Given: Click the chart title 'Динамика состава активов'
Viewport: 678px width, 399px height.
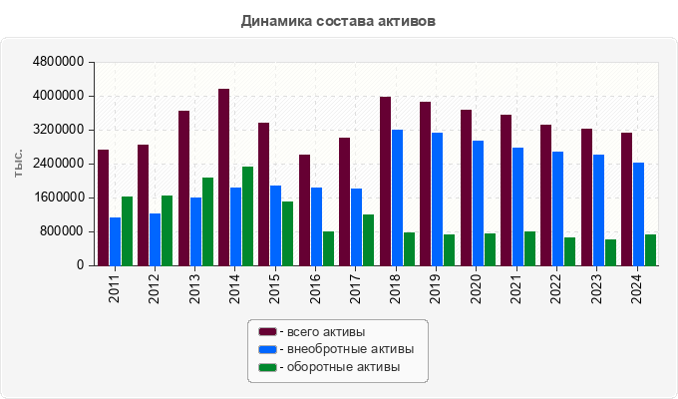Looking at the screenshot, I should pyautogui.click(x=338, y=20).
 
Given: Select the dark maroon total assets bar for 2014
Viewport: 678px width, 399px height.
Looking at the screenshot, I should pyautogui.click(x=223, y=177).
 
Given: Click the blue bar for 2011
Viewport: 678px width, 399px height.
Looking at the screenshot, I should pyautogui.click(x=115, y=241).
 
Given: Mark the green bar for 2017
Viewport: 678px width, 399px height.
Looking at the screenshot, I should pyautogui.click(x=368, y=239).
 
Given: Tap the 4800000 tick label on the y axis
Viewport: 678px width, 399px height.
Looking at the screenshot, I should pyautogui.click(x=59, y=62).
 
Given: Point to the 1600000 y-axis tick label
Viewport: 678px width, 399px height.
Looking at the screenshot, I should pyautogui.click(x=59, y=198).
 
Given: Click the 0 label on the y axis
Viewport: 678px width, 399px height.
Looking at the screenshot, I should pyautogui.click(x=79, y=265).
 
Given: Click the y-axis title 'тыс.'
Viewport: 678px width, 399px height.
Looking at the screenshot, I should pyautogui.click(x=18, y=164).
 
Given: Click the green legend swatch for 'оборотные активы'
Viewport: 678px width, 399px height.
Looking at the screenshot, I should pyautogui.click(x=267, y=367).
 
